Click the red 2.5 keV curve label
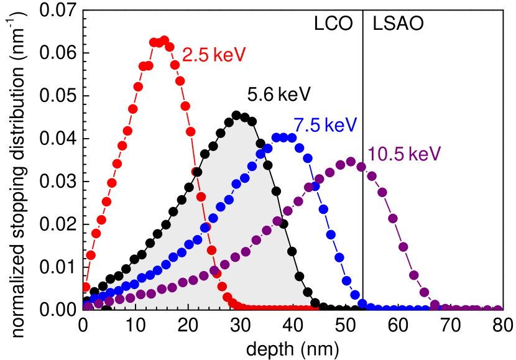(x=214, y=55)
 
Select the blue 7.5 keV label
(x=325, y=125)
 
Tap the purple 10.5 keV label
(x=404, y=154)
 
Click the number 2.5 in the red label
(x=195, y=55)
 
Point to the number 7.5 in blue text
(x=307, y=125)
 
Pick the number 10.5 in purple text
(x=384, y=154)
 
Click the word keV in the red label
(x=229, y=55)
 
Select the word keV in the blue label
(x=341, y=125)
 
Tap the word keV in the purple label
(x=425, y=154)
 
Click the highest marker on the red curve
(x=164, y=40)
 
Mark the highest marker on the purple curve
(x=351, y=162)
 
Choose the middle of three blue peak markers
(x=283, y=137)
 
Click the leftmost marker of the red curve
(x=86, y=287)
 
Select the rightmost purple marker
(x=498, y=309)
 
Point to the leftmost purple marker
(x=88, y=306)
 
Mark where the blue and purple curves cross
(x=314, y=184)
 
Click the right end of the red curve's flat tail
(x=317, y=308)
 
